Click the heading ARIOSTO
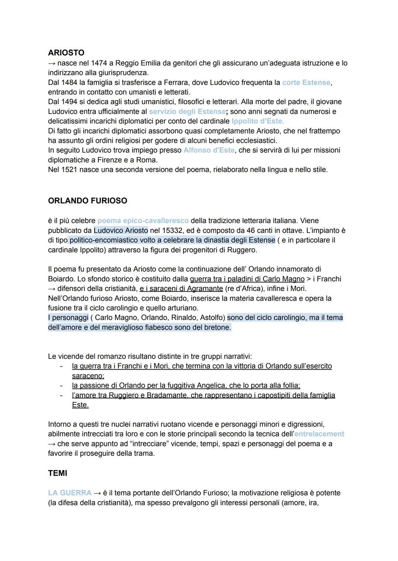coord(66,53)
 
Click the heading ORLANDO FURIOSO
coord(87,200)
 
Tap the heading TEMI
coord(57,473)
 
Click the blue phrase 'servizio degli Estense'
coord(187,111)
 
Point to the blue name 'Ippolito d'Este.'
coord(258,121)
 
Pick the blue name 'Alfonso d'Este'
coord(209,150)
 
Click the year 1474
coord(99,63)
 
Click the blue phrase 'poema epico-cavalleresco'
coord(143,221)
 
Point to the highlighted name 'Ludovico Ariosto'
coord(121,230)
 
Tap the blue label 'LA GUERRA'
coord(70,493)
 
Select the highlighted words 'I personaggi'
coord(68,317)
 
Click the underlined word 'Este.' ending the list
coord(80,405)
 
